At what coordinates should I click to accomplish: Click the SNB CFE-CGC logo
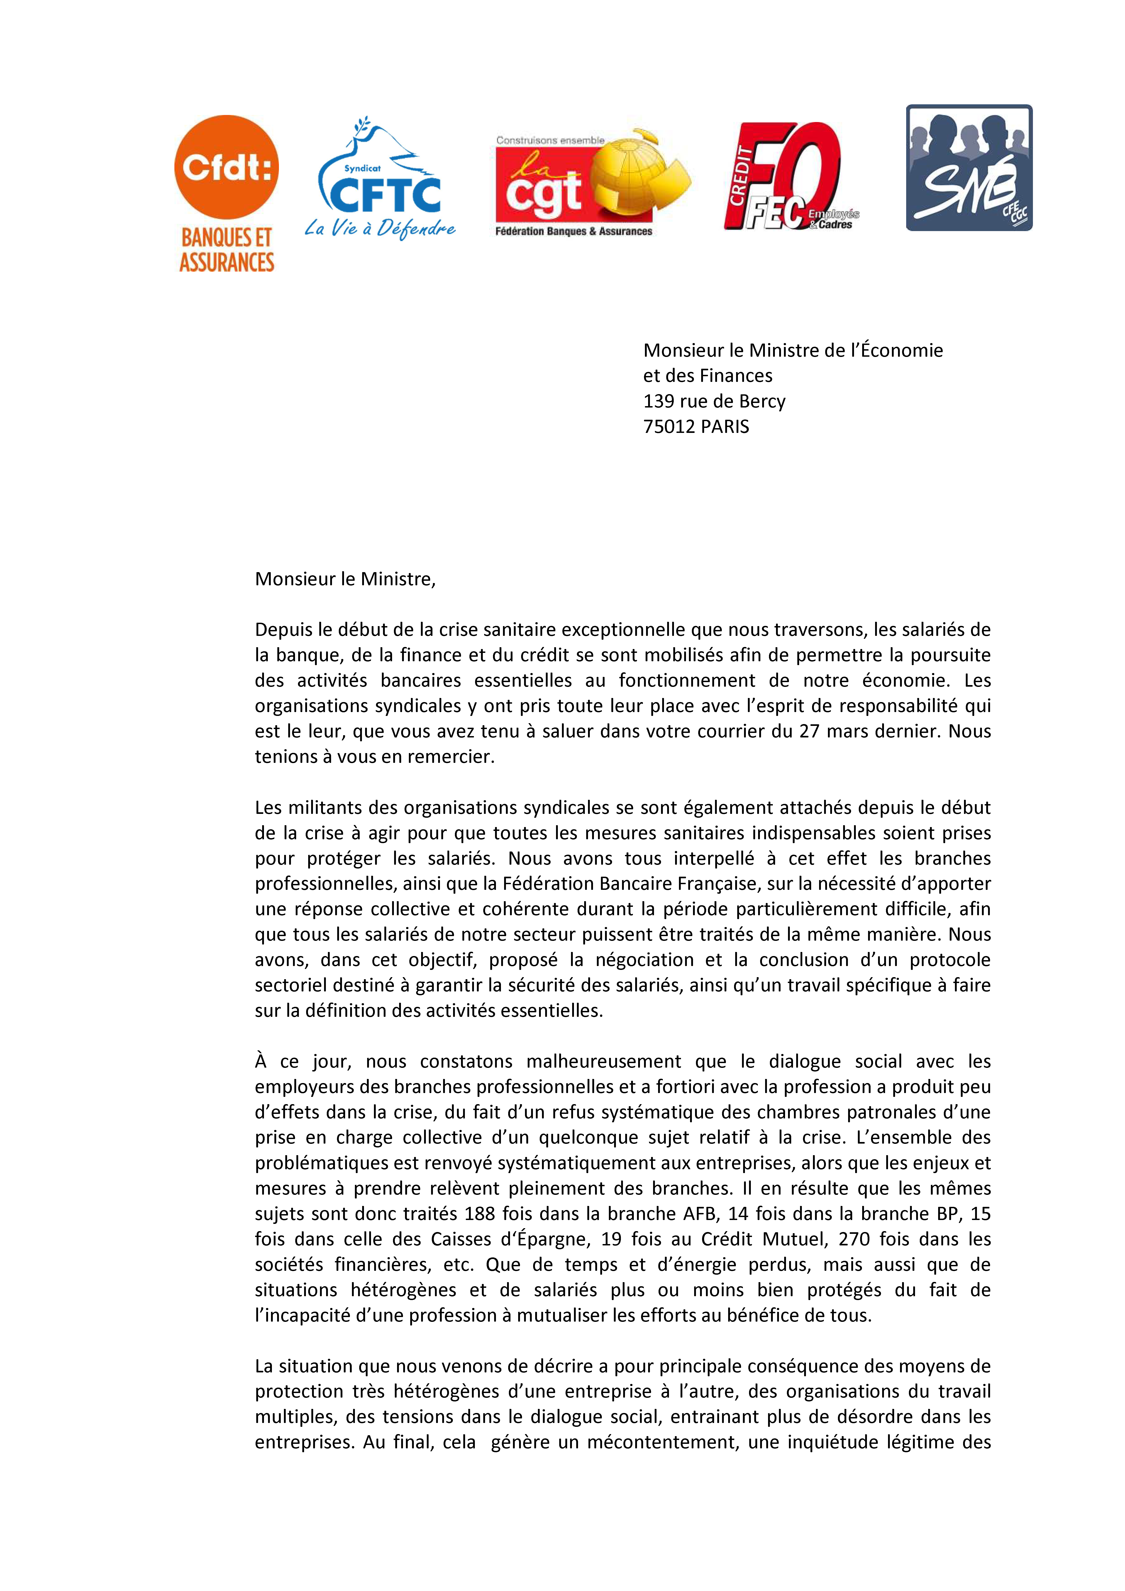pyautogui.click(x=969, y=168)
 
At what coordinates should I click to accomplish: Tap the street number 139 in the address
pyautogui.click(x=657, y=401)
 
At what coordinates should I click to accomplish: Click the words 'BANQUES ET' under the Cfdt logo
pyautogui.click(x=226, y=238)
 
